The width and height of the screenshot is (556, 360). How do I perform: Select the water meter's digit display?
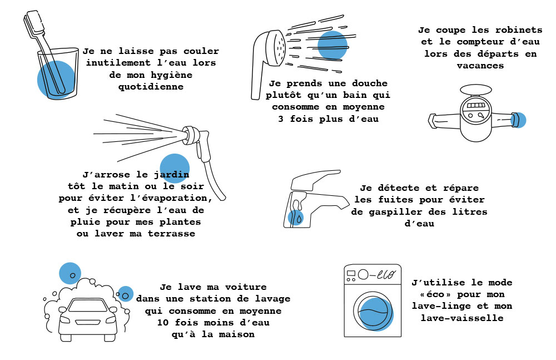click(x=475, y=106)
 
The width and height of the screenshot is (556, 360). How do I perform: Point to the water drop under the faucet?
click(x=299, y=219)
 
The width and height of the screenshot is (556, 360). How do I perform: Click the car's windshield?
click(x=87, y=305)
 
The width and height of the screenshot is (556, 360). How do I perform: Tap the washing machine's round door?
click(x=373, y=310)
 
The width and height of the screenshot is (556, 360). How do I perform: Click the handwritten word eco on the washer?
click(x=386, y=274)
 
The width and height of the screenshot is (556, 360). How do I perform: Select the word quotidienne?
click(x=151, y=87)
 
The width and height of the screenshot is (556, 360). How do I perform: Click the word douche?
click(x=370, y=83)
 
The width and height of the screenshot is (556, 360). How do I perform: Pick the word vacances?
click(x=480, y=66)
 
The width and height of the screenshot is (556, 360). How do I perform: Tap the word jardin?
click(x=171, y=175)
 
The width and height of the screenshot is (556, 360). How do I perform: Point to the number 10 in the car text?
click(x=163, y=323)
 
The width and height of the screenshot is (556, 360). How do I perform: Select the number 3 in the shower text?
click(x=281, y=119)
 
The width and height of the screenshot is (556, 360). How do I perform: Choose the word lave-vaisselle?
click(x=462, y=318)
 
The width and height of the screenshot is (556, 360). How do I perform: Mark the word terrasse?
click(x=171, y=234)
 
